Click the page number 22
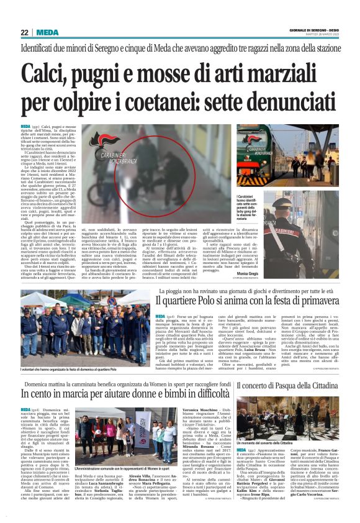point(25,32)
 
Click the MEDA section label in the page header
point(48,32)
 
